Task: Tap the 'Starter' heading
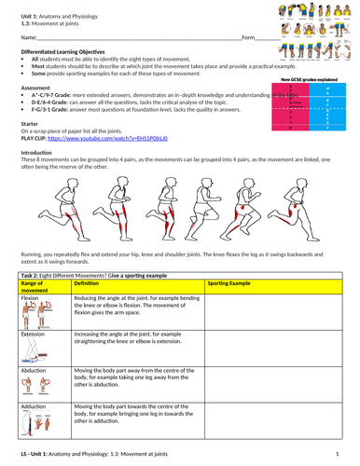pos(31,123)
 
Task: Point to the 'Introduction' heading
pos(37,153)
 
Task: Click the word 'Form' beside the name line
pos(247,37)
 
